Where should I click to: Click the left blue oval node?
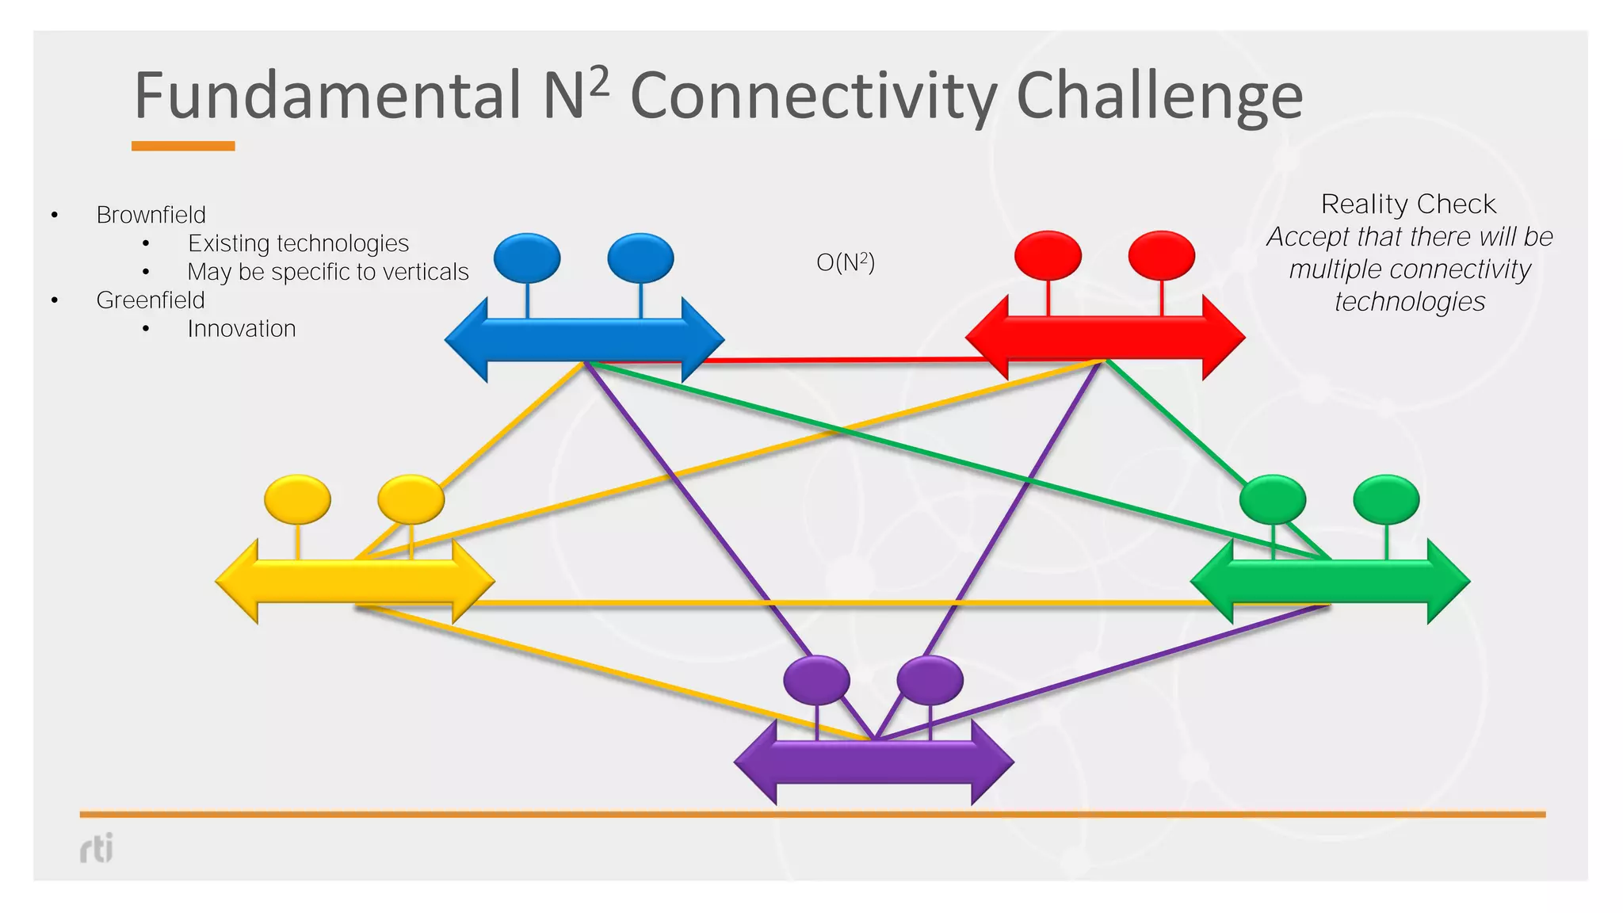coord(526,258)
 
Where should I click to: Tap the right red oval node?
coord(1161,256)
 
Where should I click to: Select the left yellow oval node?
coord(297,499)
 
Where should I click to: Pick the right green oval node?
coord(1386,499)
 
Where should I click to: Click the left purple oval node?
coord(816,680)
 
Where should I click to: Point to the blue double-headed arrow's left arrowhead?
coord(468,340)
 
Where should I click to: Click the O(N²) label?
coord(846,262)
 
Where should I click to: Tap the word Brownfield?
coord(151,215)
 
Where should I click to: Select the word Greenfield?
coord(151,300)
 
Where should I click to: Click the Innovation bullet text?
coord(242,329)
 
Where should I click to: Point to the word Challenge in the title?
coord(1159,96)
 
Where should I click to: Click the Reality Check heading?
coord(1408,204)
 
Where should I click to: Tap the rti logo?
coord(97,848)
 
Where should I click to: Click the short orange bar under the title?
coord(183,146)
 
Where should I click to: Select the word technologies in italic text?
coord(1409,302)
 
